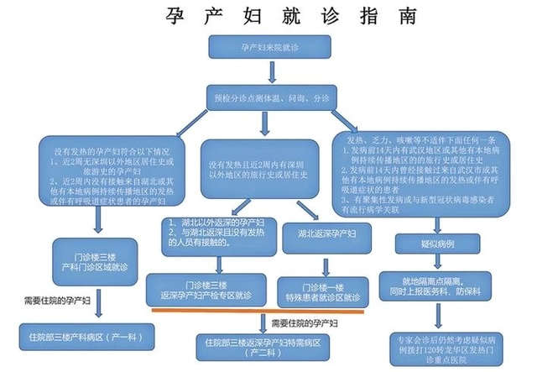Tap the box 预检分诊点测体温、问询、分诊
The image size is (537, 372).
coord(268,97)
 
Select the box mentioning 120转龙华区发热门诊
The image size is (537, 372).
coord(441,346)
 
